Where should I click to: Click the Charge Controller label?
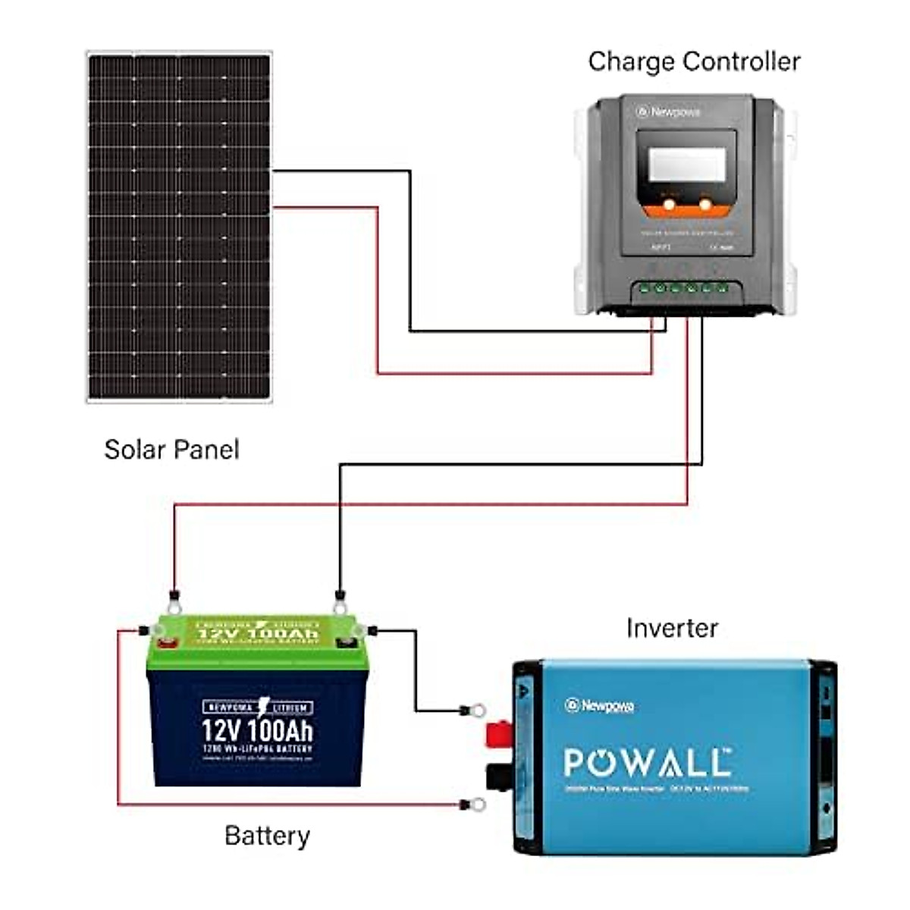(694, 61)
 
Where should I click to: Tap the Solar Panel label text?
(171, 450)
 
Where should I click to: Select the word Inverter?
(672, 628)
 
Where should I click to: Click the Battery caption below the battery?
(267, 836)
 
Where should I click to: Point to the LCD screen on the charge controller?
(687, 165)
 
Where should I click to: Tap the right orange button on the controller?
(705, 204)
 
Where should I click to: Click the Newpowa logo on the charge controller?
(668, 112)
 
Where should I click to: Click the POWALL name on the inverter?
(648, 762)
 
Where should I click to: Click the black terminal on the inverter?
(498, 777)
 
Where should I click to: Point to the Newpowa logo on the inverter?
(600, 706)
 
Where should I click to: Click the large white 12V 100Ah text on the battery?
(257, 731)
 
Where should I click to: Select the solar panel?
(179, 226)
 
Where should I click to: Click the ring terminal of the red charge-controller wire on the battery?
(174, 607)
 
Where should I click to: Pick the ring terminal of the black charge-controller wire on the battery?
(340, 607)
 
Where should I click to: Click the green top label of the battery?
(258, 632)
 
